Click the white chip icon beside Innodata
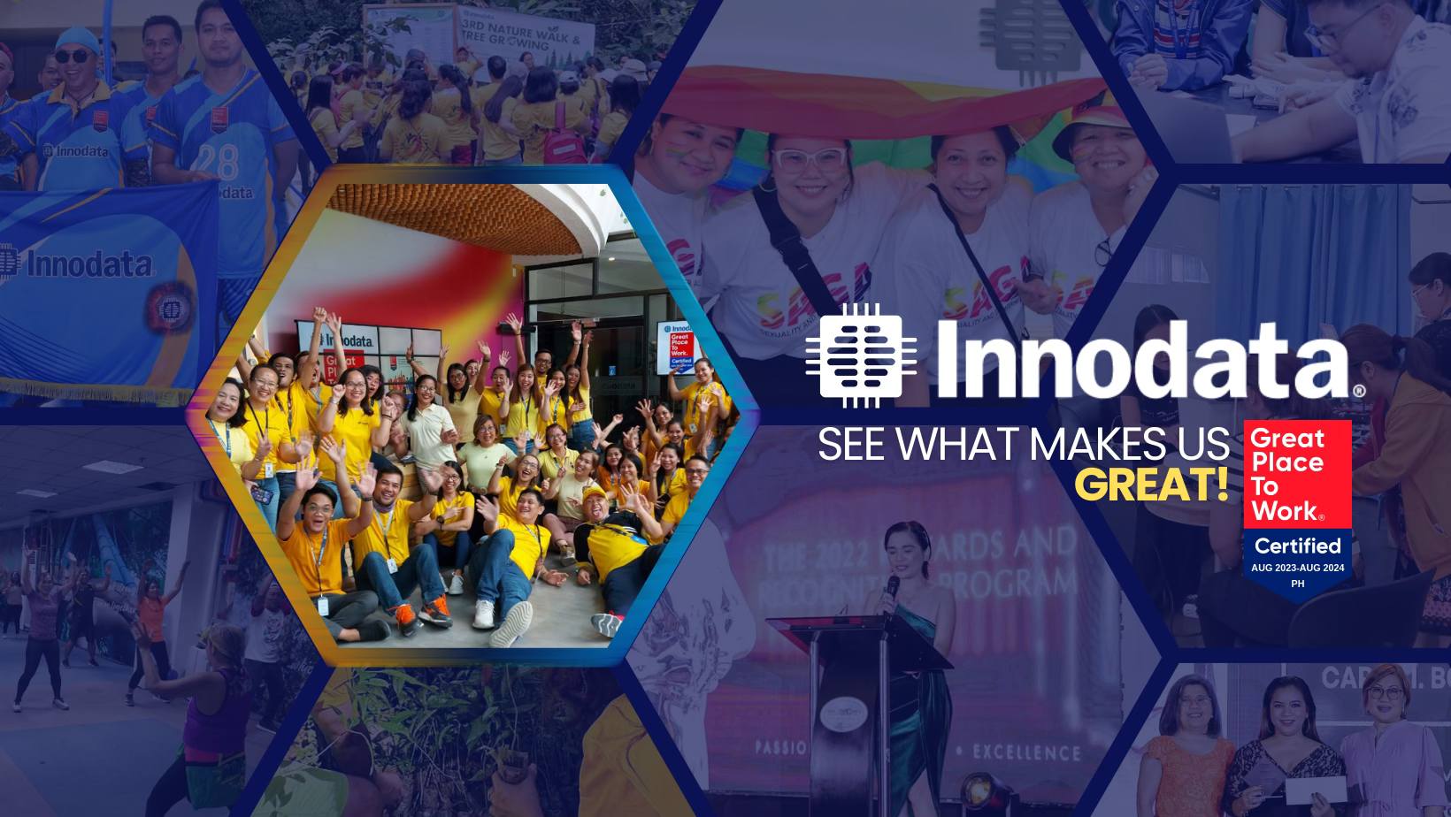pos(854,355)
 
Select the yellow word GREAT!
pos(1152,485)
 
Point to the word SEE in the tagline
pos(852,444)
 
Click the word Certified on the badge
pos(1298,546)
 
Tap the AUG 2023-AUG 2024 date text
pos(1298,568)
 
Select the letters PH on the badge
pos(1298,584)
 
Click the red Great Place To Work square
pos(1297,474)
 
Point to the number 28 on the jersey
pos(219,162)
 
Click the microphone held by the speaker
pos(893,589)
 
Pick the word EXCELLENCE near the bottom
pos(1026,752)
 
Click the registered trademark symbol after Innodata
pos(1358,389)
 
